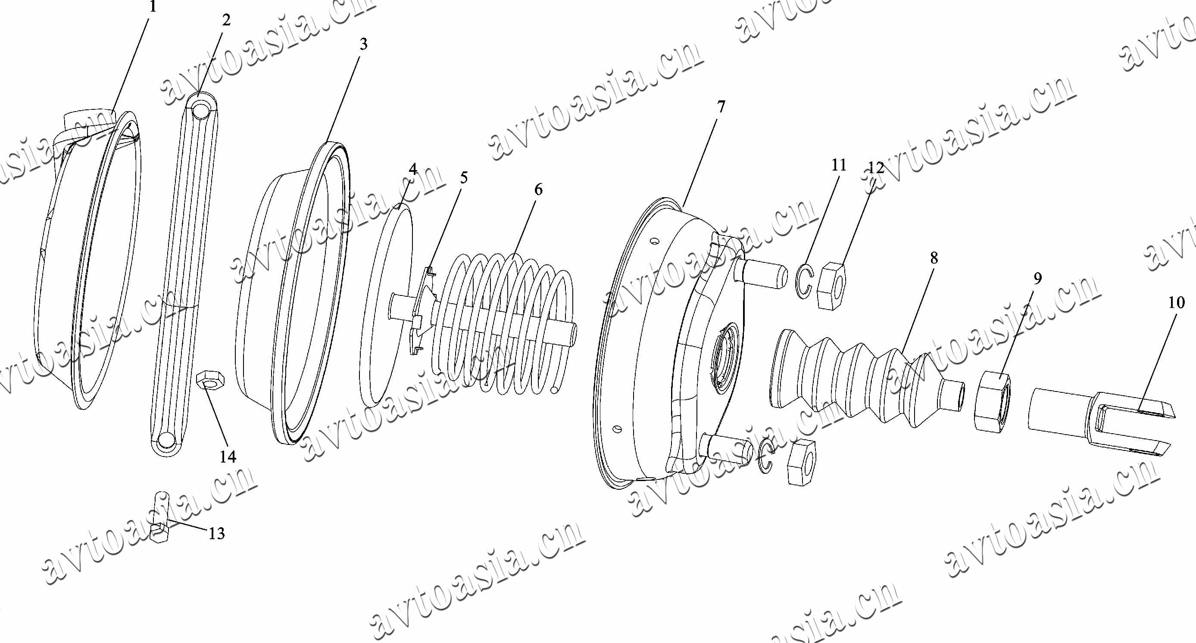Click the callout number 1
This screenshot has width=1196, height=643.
(x=153, y=6)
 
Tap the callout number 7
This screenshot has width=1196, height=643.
(x=720, y=107)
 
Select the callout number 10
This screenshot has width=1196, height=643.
(x=1177, y=302)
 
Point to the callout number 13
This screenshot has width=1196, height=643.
(x=216, y=534)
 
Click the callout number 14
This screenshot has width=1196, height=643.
(x=228, y=457)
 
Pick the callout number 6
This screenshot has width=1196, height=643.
(x=538, y=189)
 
